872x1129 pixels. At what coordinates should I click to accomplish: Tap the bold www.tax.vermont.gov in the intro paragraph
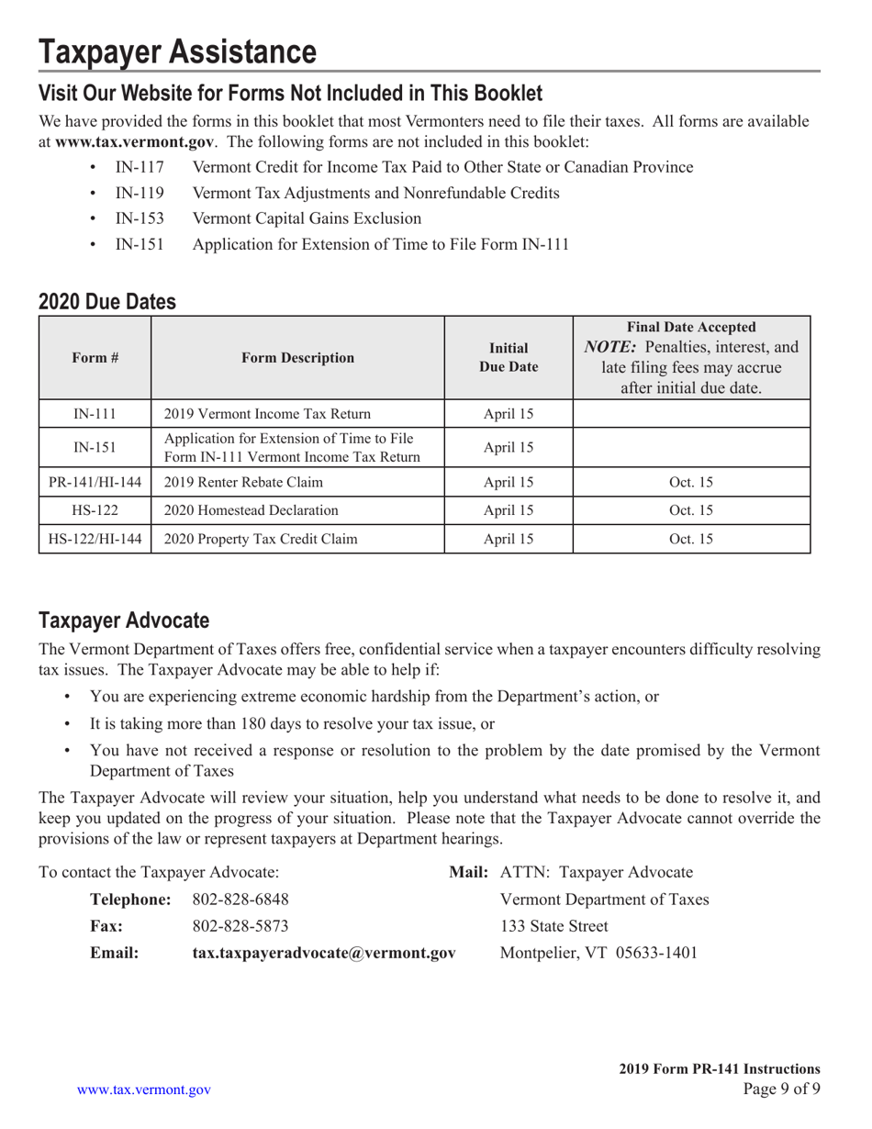135,142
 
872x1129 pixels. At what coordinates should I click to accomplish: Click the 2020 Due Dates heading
107,301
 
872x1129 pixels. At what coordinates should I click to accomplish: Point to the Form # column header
94,358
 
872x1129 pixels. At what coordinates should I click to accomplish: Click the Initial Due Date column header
509,358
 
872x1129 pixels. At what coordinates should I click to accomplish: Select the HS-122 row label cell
94,510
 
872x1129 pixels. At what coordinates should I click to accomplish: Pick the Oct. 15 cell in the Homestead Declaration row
691,510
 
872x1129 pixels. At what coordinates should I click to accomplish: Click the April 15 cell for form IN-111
509,414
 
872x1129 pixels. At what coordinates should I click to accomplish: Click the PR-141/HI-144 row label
94,482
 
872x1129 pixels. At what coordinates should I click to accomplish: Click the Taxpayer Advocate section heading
124,620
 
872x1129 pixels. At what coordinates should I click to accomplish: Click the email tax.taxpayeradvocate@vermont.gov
323,953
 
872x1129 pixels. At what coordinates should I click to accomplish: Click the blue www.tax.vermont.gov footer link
144,1090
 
